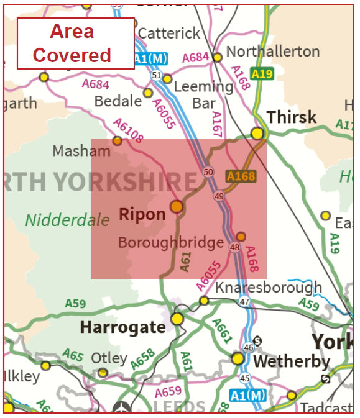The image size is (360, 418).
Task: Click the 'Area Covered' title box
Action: click(x=75, y=43)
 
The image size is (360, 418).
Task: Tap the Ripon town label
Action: click(x=142, y=215)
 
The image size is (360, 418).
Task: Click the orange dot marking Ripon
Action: click(x=177, y=206)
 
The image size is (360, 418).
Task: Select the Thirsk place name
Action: click(x=292, y=117)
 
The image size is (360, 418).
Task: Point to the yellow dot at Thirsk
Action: click(x=257, y=132)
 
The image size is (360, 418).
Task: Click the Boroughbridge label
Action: click(x=170, y=242)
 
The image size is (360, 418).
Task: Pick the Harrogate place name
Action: click(x=122, y=327)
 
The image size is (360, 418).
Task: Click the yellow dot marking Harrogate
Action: click(x=177, y=319)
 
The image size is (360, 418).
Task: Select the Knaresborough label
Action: click(x=268, y=288)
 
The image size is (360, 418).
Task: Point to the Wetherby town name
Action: click(x=292, y=361)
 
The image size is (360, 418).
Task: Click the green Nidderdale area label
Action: click(x=58, y=220)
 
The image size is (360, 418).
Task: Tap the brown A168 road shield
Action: click(x=241, y=176)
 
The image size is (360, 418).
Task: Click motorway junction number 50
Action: click(x=208, y=172)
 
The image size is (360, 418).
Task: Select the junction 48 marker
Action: click(x=234, y=248)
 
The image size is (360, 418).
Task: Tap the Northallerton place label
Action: click(x=272, y=51)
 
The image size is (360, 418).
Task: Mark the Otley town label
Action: click(x=109, y=359)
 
